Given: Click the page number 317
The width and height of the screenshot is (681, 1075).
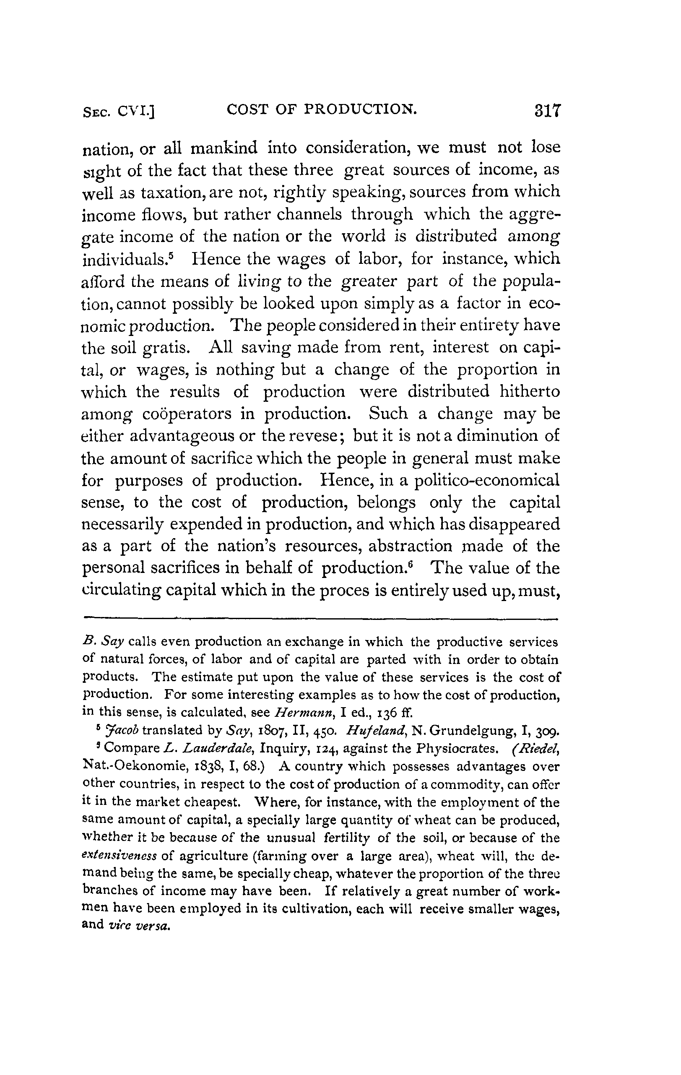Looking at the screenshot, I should pyautogui.click(x=547, y=110).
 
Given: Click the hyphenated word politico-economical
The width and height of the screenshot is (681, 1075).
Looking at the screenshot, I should pyautogui.click(x=487, y=480).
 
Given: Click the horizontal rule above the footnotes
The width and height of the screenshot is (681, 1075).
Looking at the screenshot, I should pyautogui.click(x=320, y=619).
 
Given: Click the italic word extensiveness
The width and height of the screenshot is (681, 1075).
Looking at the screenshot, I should pyautogui.click(x=119, y=856).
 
